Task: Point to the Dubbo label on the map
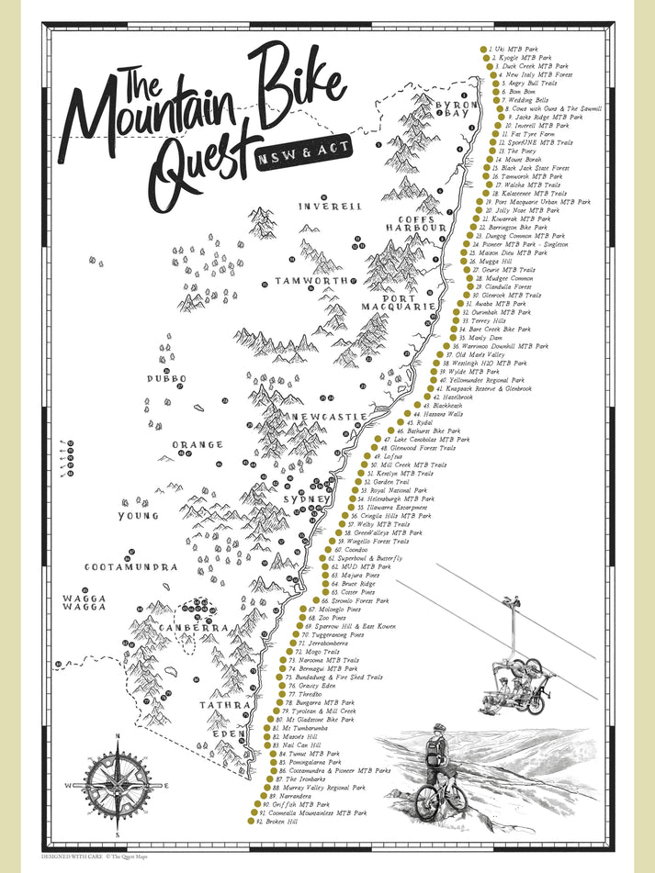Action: [x=166, y=378]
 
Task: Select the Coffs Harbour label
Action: [x=415, y=221]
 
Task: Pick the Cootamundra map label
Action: [x=130, y=567]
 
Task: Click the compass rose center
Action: [x=117, y=785]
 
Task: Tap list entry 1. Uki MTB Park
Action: [x=515, y=48]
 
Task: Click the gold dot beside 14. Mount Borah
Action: [x=488, y=160]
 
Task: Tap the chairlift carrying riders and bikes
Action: [x=514, y=679]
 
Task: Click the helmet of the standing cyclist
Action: [x=440, y=727]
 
